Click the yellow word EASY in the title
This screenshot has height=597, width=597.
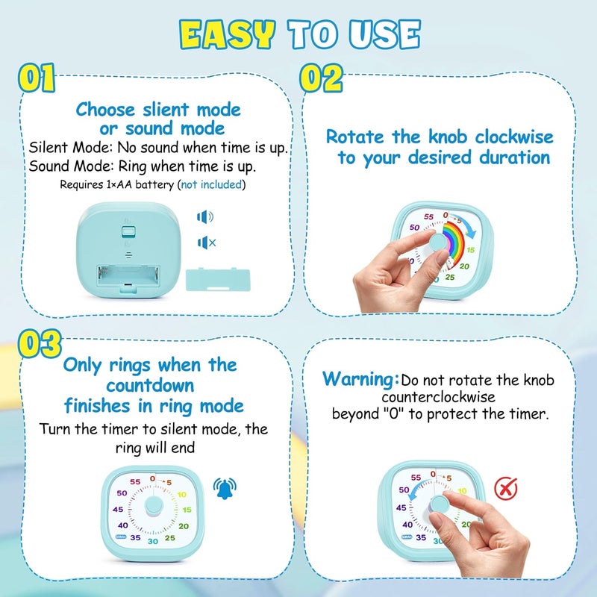pos(228,35)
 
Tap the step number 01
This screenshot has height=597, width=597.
pos(37,78)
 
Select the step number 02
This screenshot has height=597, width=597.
pos(321,78)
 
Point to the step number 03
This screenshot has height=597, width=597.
pos(40,343)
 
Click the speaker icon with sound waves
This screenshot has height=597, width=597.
pos(205,217)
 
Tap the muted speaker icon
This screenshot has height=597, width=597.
pos(207,243)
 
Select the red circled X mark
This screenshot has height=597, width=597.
pos(506,489)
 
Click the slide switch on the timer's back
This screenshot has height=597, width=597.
pos(128,231)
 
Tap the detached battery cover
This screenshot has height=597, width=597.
pos(218,280)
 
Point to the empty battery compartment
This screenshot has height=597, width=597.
pos(128,276)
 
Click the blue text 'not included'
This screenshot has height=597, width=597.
pos(211,184)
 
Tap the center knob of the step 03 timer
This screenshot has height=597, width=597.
pos(154,507)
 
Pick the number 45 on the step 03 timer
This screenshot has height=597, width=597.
pos(118,510)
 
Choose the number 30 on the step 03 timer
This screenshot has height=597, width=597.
pos(153,542)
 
